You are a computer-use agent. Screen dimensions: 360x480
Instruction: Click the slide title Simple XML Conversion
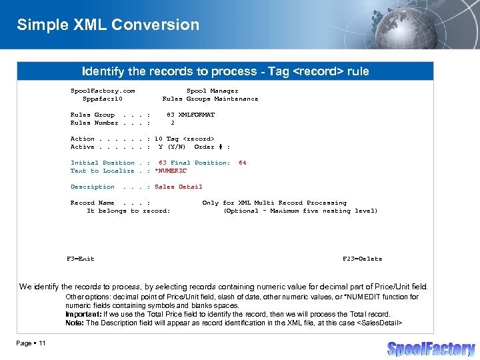[x=108, y=25]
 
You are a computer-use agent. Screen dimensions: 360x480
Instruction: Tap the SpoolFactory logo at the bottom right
[x=431, y=349]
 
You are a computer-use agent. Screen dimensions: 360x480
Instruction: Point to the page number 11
[x=41, y=343]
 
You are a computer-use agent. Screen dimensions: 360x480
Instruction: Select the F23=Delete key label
[x=362, y=259]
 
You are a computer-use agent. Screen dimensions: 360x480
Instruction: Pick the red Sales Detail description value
[x=178, y=187]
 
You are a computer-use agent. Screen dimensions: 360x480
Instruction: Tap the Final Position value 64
[x=243, y=163]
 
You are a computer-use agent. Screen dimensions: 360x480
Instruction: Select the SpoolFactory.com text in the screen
[x=103, y=91]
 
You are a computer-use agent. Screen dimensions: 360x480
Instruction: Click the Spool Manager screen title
[x=212, y=91]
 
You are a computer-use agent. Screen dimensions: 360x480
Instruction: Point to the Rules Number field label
[x=94, y=123]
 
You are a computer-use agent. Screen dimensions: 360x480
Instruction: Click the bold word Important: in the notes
[x=83, y=314]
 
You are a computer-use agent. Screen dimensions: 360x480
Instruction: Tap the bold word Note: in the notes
[x=74, y=323]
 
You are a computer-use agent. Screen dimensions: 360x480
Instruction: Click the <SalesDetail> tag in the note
[x=380, y=323]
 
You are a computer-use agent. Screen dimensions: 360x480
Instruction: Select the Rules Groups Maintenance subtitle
[x=210, y=99]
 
